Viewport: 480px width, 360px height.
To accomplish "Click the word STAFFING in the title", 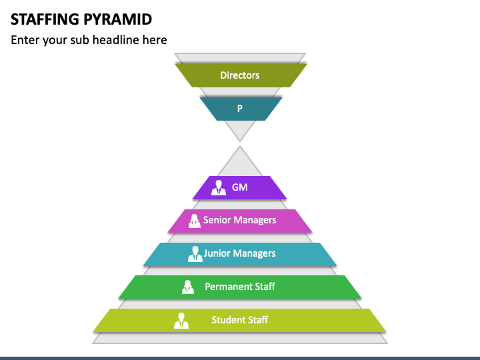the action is click(x=45, y=19).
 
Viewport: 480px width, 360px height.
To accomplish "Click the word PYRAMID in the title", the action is click(x=117, y=19).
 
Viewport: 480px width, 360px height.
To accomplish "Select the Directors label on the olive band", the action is click(x=240, y=75).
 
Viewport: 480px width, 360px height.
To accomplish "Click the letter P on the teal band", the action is click(x=240, y=109).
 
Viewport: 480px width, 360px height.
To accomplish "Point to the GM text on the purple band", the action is click(x=240, y=187).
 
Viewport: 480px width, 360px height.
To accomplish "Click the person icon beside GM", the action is click(x=219, y=187).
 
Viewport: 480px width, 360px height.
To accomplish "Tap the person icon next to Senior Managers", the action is click(x=195, y=221).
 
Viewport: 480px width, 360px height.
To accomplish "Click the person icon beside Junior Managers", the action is click(x=195, y=254).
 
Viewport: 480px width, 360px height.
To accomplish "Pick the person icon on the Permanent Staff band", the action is click(x=187, y=287).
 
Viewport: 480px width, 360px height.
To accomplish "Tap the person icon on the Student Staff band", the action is click(x=181, y=321).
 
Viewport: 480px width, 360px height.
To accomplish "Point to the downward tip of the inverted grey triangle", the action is click(x=240, y=141).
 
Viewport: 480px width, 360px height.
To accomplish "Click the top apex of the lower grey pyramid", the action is click(x=240, y=146).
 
